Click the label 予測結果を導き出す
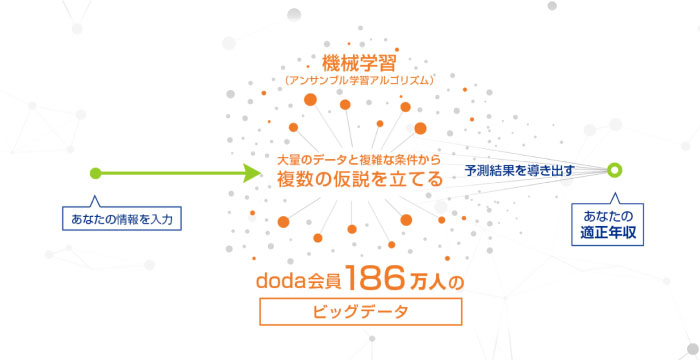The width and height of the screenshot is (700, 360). [519, 171]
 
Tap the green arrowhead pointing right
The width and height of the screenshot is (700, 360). [250, 173]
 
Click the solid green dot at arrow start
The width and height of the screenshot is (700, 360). [94, 173]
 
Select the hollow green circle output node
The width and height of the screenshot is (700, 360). [614, 170]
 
